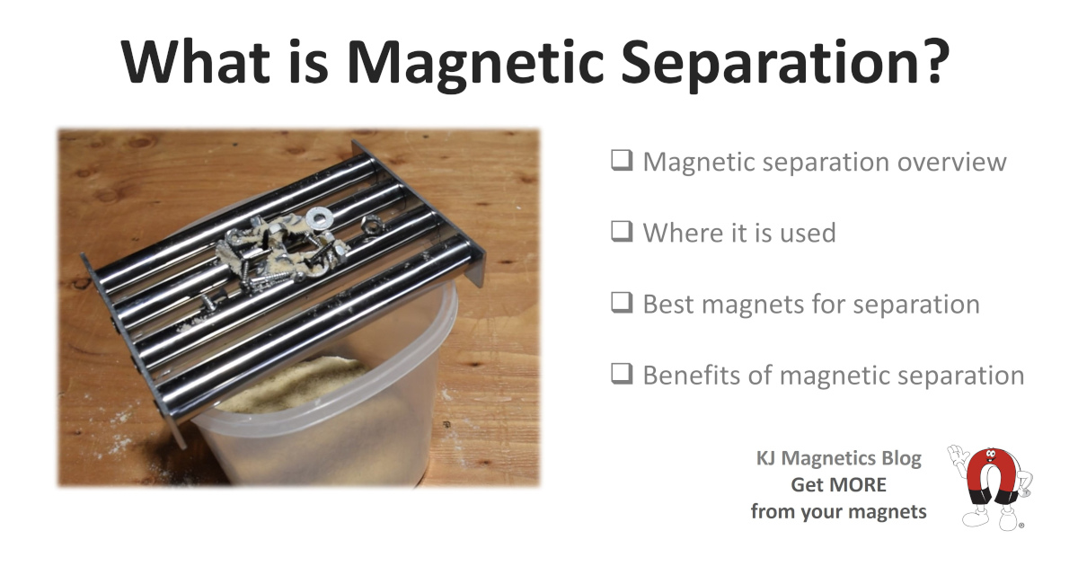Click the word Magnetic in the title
click(475, 64)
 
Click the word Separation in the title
click(771, 64)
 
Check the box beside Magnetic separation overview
click(622, 160)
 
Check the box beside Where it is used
click(622, 232)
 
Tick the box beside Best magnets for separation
click(622, 303)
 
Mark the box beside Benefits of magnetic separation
click(622, 374)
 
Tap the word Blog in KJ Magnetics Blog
click(901, 459)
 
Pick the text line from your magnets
click(838, 512)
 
